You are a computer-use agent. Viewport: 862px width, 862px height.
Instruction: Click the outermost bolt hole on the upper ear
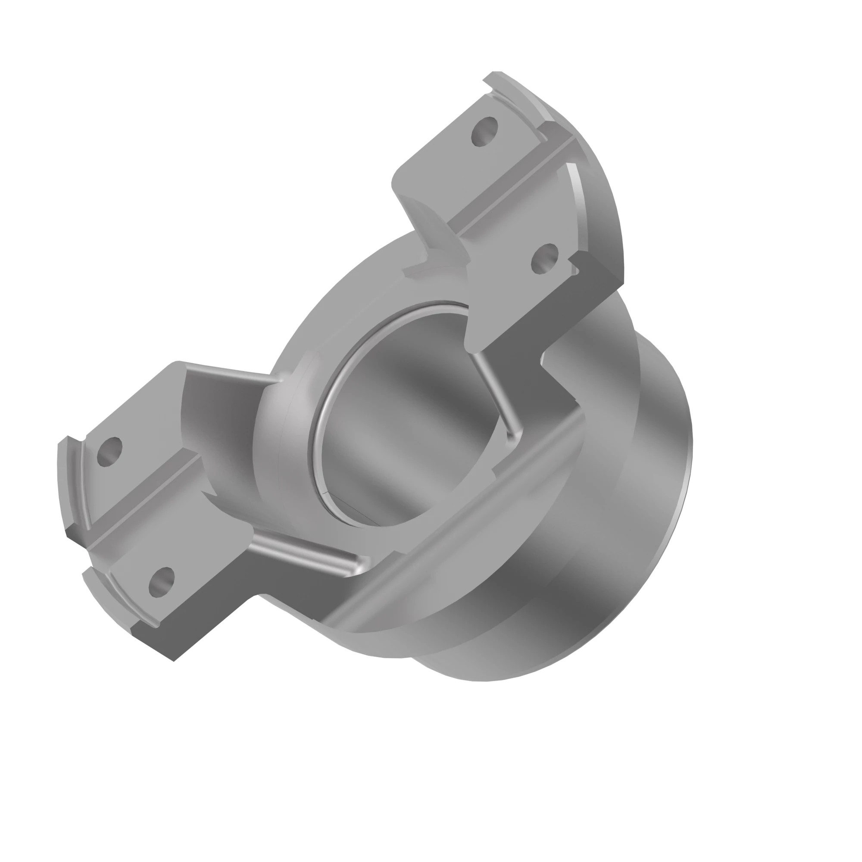pyautogui.click(x=484, y=131)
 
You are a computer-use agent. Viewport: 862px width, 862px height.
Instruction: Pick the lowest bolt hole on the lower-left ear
pyautogui.click(x=161, y=582)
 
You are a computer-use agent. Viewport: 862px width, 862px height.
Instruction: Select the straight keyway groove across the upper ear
pyautogui.click(x=513, y=187)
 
